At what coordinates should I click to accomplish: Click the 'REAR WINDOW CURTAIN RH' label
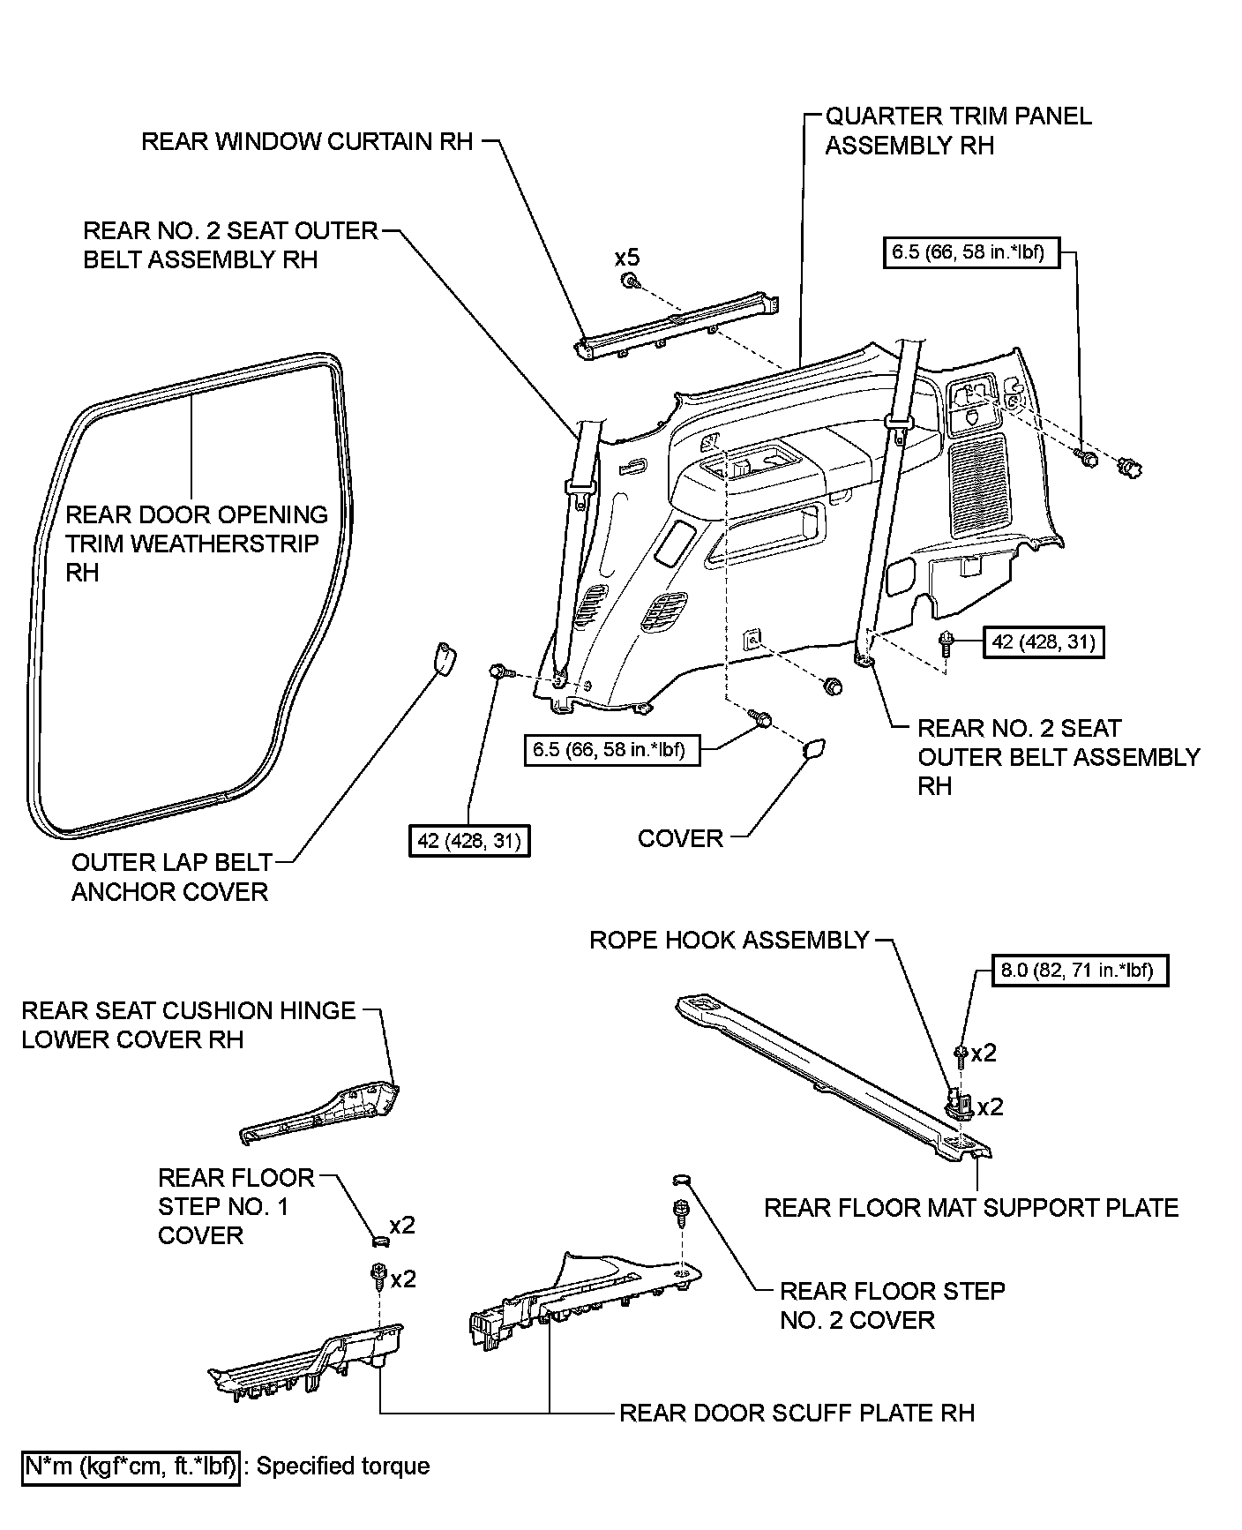click(307, 141)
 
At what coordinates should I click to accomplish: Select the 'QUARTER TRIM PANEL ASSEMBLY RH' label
click(958, 131)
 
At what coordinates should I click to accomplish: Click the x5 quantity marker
click(627, 258)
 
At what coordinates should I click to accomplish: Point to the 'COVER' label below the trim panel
click(680, 838)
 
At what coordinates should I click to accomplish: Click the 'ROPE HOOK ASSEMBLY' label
click(729, 940)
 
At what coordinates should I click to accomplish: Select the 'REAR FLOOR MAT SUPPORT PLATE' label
click(970, 1208)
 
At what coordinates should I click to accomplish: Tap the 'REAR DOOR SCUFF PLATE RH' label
click(797, 1413)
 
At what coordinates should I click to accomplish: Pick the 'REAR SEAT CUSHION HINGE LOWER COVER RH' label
click(188, 1024)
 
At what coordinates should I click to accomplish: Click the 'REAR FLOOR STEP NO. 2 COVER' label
click(892, 1305)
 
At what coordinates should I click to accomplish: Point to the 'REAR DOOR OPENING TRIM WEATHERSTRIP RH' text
click(196, 544)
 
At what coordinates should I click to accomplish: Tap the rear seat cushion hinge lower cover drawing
click(326, 1116)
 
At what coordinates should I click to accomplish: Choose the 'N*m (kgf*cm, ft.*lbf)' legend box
click(131, 1466)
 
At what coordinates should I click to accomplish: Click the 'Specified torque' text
click(343, 1466)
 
